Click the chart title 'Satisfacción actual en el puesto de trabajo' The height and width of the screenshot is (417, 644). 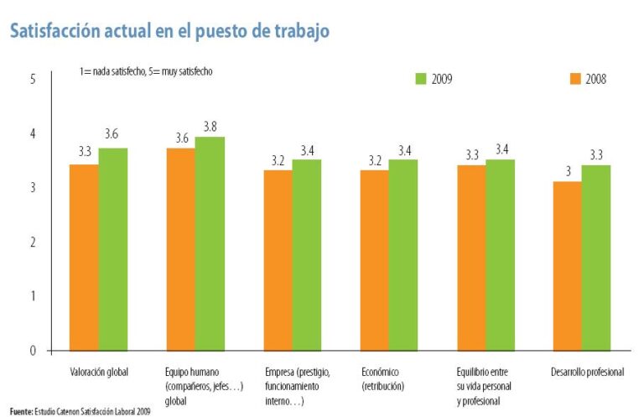pyautogui.click(x=169, y=31)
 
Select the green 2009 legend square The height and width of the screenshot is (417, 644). pyautogui.click(x=422, y=79)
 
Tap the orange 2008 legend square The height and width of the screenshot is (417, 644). pyautogui.click(x=575, y=79)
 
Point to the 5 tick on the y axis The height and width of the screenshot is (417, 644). pyautogui.click(x=33, y=79)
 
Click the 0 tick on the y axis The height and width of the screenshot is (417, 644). pyautogui.click(x=33, y=351)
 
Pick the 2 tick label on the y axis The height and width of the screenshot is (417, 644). pyautogui.click(x=33, y=242)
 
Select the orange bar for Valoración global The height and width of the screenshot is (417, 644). pyautogui.click(x=84, y=257)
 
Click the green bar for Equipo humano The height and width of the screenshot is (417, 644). pyautogui.click(x=210, y=243)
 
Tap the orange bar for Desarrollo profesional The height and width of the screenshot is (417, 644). pyautogui.click(x=567, y=265)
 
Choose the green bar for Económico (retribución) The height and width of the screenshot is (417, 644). pyautogui.click(x=402, y=254)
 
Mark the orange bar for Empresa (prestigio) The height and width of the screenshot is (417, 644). pyautogui.click(x=278, y=260)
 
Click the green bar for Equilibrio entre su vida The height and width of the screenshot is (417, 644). pyautogui.click(x=500, y=254)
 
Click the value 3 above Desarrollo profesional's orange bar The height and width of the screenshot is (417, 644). pyautogui.click(x=568, y=171)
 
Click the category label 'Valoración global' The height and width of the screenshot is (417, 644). pyautogui.click(x=99, y=372)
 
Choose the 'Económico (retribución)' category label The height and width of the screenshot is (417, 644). pyautogui.click(x=384, y=378)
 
